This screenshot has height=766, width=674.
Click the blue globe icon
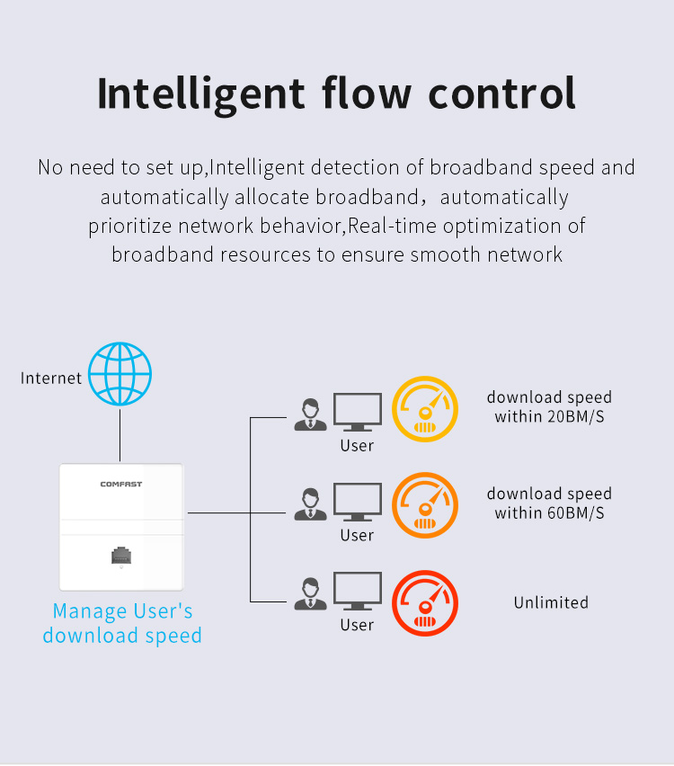pos(120,374)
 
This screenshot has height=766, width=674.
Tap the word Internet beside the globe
pos(51,379)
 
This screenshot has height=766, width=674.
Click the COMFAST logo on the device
pos(121,484)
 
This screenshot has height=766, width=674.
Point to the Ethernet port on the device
pos(121,556)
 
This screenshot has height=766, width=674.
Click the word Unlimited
pos(551,602)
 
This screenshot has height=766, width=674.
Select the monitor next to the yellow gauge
pos(358,412)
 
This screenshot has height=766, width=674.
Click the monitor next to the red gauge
pos(358,591)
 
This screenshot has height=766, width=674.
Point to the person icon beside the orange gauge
pos(310,504)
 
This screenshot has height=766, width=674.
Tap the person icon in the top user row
pos(310,414)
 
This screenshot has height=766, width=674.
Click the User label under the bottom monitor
pos(357,625)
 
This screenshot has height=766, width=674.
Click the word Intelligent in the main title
pos(201,94)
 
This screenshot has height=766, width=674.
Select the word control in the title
pos(502,93)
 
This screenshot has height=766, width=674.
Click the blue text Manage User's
pos(122,610)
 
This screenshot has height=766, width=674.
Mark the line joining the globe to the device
pos(120,435)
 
